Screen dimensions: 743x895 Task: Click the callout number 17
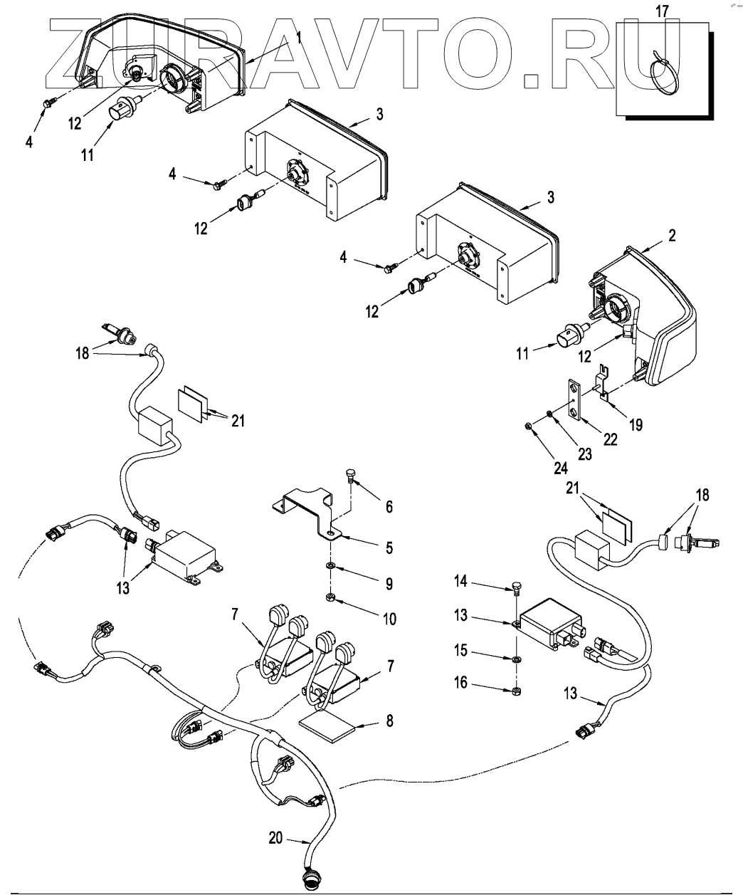662,11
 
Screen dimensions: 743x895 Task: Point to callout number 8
389,721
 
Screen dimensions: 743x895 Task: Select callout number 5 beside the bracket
389,548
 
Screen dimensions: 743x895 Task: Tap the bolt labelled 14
517,587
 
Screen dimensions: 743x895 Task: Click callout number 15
460,650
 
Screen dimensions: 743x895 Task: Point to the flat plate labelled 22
573,399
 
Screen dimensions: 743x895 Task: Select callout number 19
636,424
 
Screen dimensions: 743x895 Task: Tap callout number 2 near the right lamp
672,236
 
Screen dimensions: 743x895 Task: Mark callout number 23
584,454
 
